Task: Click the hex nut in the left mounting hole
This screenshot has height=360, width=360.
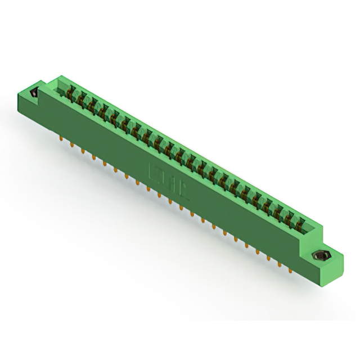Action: click(33, 94)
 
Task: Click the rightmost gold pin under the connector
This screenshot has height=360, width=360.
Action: click(290, 271)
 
